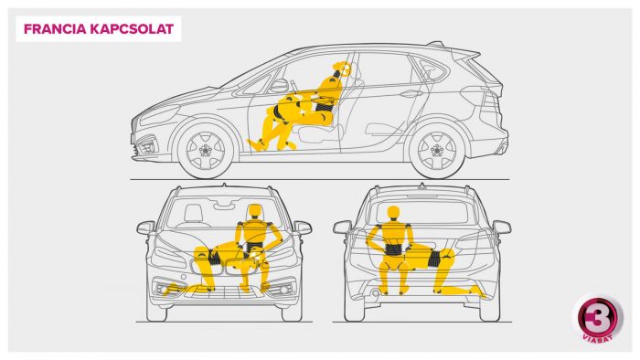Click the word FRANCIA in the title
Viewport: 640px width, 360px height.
(55, 29)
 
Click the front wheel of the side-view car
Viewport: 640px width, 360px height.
(206, 150)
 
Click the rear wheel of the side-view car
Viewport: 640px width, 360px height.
(437, 150)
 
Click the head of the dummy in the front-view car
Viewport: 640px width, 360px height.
(254, 213)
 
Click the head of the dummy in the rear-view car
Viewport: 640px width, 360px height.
(393, 214)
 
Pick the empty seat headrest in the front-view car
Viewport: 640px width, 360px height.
(194, 213)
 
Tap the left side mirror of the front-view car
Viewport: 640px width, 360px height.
(145, 228)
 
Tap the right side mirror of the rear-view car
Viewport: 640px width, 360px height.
(502, 227)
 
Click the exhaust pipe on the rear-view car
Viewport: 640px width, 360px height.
(374, 292)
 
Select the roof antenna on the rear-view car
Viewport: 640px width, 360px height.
(422, 185)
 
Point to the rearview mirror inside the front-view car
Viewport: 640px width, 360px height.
(224, 206)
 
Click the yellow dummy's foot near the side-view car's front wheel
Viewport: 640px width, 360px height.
(255, 144)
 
